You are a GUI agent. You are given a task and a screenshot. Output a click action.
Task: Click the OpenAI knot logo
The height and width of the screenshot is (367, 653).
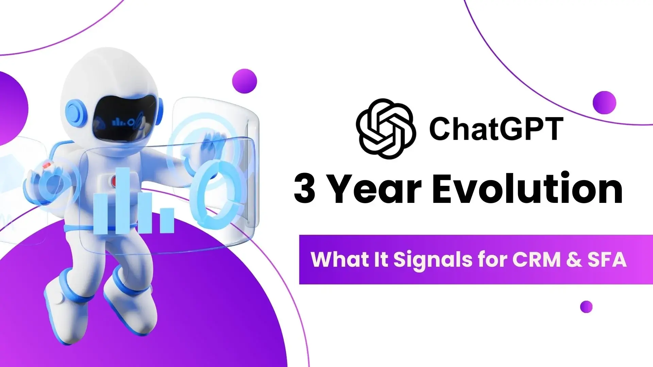pos(386,128)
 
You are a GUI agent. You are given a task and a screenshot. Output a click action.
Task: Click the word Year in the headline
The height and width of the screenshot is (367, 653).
pos(375,188)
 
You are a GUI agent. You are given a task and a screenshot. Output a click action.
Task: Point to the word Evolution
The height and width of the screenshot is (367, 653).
pos(527,188)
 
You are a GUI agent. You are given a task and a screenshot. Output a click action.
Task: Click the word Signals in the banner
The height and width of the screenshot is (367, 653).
pos(433,260)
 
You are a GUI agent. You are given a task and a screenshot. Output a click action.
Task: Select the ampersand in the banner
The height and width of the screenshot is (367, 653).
pos(574,260)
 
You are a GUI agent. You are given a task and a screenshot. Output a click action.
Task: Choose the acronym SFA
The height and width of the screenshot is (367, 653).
pos(607,260)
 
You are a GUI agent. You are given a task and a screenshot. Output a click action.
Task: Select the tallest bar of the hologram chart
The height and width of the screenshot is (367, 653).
pos(123,200)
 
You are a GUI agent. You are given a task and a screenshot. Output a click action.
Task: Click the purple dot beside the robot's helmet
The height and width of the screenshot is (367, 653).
pos(245,81)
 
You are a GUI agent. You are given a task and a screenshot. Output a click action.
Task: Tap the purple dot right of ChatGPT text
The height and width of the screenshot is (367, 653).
pos(604,102)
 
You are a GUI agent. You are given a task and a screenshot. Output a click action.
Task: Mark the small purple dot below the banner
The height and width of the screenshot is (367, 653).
pos(586,307)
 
